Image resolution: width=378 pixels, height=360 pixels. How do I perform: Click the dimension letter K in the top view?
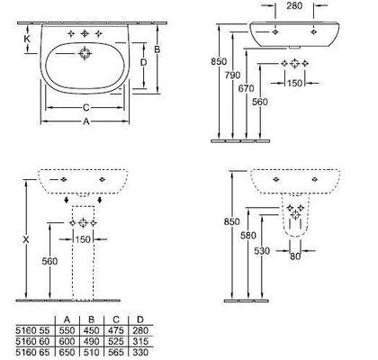tap(27, 39)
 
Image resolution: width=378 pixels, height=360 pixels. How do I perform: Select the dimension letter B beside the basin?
tap(157, 49)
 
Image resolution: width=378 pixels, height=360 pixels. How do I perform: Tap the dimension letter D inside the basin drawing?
tap(144, 62)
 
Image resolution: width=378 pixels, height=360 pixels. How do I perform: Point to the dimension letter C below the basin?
tap(85, 107)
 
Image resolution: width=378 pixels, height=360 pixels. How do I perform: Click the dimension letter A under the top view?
tap(86, 121)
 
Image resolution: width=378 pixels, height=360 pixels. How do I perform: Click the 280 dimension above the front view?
tap(294, 5)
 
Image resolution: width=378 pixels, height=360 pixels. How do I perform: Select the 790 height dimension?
tap(232, 75)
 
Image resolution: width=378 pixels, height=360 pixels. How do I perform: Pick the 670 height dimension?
tap(246, 88)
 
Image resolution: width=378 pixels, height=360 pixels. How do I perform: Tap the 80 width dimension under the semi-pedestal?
tap(295, 256)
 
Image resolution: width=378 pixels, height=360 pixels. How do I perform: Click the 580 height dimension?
tap(248, 236)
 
